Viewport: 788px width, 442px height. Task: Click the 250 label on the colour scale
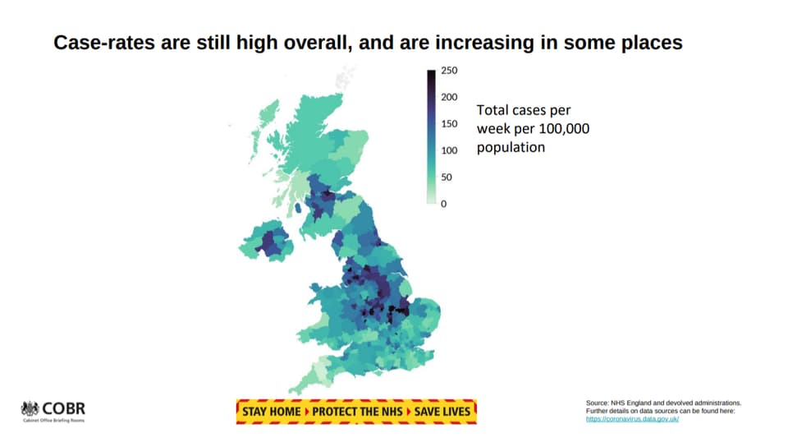coord(449,71)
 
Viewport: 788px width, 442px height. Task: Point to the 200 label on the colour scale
coord(449,97)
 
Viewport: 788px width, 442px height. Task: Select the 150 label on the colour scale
coord(449,124)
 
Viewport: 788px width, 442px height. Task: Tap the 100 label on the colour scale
coord(449,150)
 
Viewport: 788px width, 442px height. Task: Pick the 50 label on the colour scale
coord(447,177)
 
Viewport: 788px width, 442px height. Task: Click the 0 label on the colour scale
coord(444,204)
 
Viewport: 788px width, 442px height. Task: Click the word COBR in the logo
coord(64,408)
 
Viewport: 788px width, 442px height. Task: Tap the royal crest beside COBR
coord(30,408)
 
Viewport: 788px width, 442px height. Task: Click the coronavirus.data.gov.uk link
coord(632,418)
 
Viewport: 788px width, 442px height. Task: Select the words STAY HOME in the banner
coord(272,412)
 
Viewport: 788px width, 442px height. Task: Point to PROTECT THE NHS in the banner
coord(357,412)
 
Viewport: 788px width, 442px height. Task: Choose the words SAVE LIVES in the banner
coord(442,412)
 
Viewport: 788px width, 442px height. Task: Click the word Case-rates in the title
coord(104,43)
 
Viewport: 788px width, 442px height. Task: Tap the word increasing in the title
coord(484,43)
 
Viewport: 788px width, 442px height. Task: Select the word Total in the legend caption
coord(492,110)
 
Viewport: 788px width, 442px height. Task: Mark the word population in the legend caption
coord(511,148)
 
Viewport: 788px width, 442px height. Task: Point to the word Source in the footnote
coord(597,403)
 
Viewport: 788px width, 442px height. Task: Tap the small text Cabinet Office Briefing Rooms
coord(54,421)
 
